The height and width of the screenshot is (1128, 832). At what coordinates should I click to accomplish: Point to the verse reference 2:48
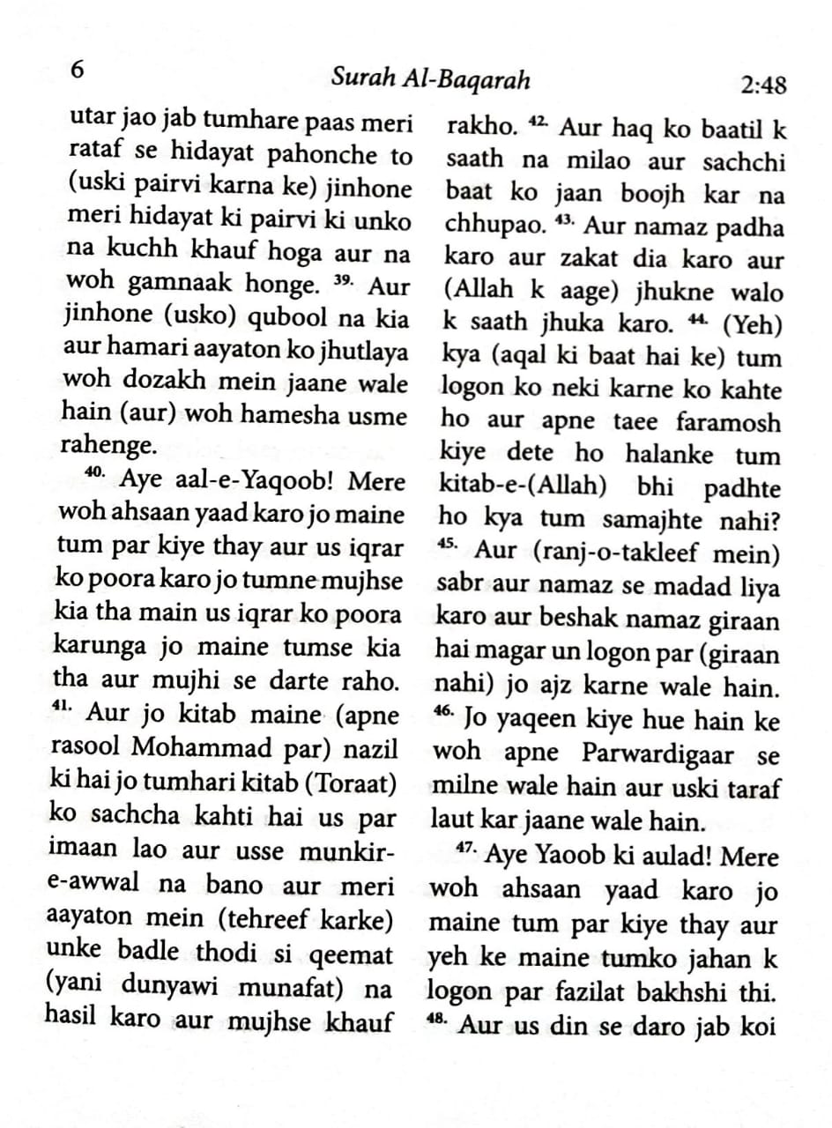pyautogui.click(x=763, y=85)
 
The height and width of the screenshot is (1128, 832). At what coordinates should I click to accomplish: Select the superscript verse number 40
pyautogui.click(x=95, y=473)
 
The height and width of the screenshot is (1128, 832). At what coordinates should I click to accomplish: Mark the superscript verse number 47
pyautogui.click(x=468, y=850)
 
